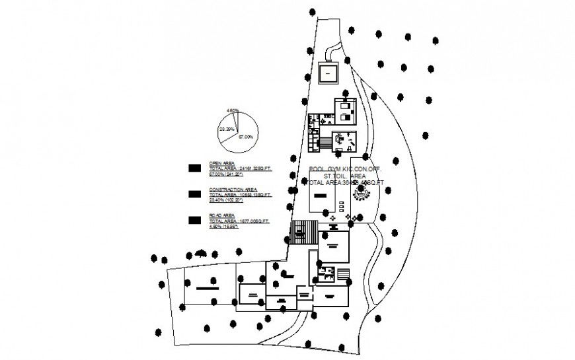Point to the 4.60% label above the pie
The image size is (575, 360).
pos(232,110)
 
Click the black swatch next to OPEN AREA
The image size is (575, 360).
pos(195,168)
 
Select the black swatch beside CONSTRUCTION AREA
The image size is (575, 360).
pos(195,194)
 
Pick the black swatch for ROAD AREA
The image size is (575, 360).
pos(195,220)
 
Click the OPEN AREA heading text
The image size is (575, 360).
pos(223,162)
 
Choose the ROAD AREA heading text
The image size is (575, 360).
pos(222,215)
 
